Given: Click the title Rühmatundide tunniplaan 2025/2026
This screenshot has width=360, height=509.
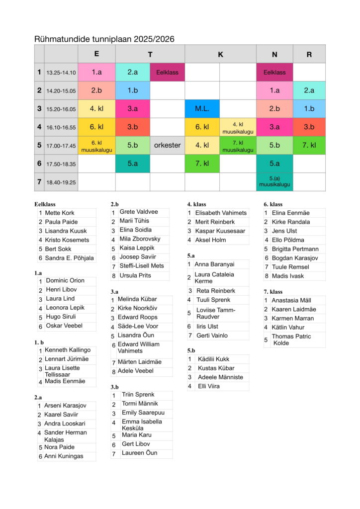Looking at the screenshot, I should [x=104, y=39].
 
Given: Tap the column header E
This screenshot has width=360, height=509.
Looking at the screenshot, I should [x=96, y=54].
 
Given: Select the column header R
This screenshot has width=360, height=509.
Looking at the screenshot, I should [x=309, y=54].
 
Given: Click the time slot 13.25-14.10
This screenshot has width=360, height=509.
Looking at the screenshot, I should [x=61, y=73].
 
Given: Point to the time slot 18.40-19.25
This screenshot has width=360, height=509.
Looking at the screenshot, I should [x=61, y=182].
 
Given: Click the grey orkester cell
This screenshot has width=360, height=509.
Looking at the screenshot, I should [x=167, y=146].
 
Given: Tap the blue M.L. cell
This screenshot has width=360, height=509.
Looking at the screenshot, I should [x=202, y=109].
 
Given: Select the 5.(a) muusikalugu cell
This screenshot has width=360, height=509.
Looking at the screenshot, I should [x=274, y=182].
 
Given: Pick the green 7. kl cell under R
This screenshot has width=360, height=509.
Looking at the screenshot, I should [x=309, y=146].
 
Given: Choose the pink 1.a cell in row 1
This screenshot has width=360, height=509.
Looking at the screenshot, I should [x=96, y=72].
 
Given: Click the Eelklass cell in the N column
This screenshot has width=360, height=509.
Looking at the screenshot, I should [x=274, y=72].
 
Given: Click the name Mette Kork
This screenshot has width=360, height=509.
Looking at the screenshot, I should [x=60, y=213].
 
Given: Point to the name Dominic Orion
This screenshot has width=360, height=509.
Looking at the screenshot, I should [x=65, y=280].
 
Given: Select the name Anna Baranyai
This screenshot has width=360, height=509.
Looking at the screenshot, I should [x=214, y=264].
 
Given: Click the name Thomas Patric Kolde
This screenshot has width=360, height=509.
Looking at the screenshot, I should [x=291, y=339].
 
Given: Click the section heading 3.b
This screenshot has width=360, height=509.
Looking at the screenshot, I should [x=114, y=387].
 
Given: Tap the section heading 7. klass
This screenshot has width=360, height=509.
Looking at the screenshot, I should [x=273, y=291].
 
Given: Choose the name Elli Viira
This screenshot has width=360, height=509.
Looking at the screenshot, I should [x=209, y=386].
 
